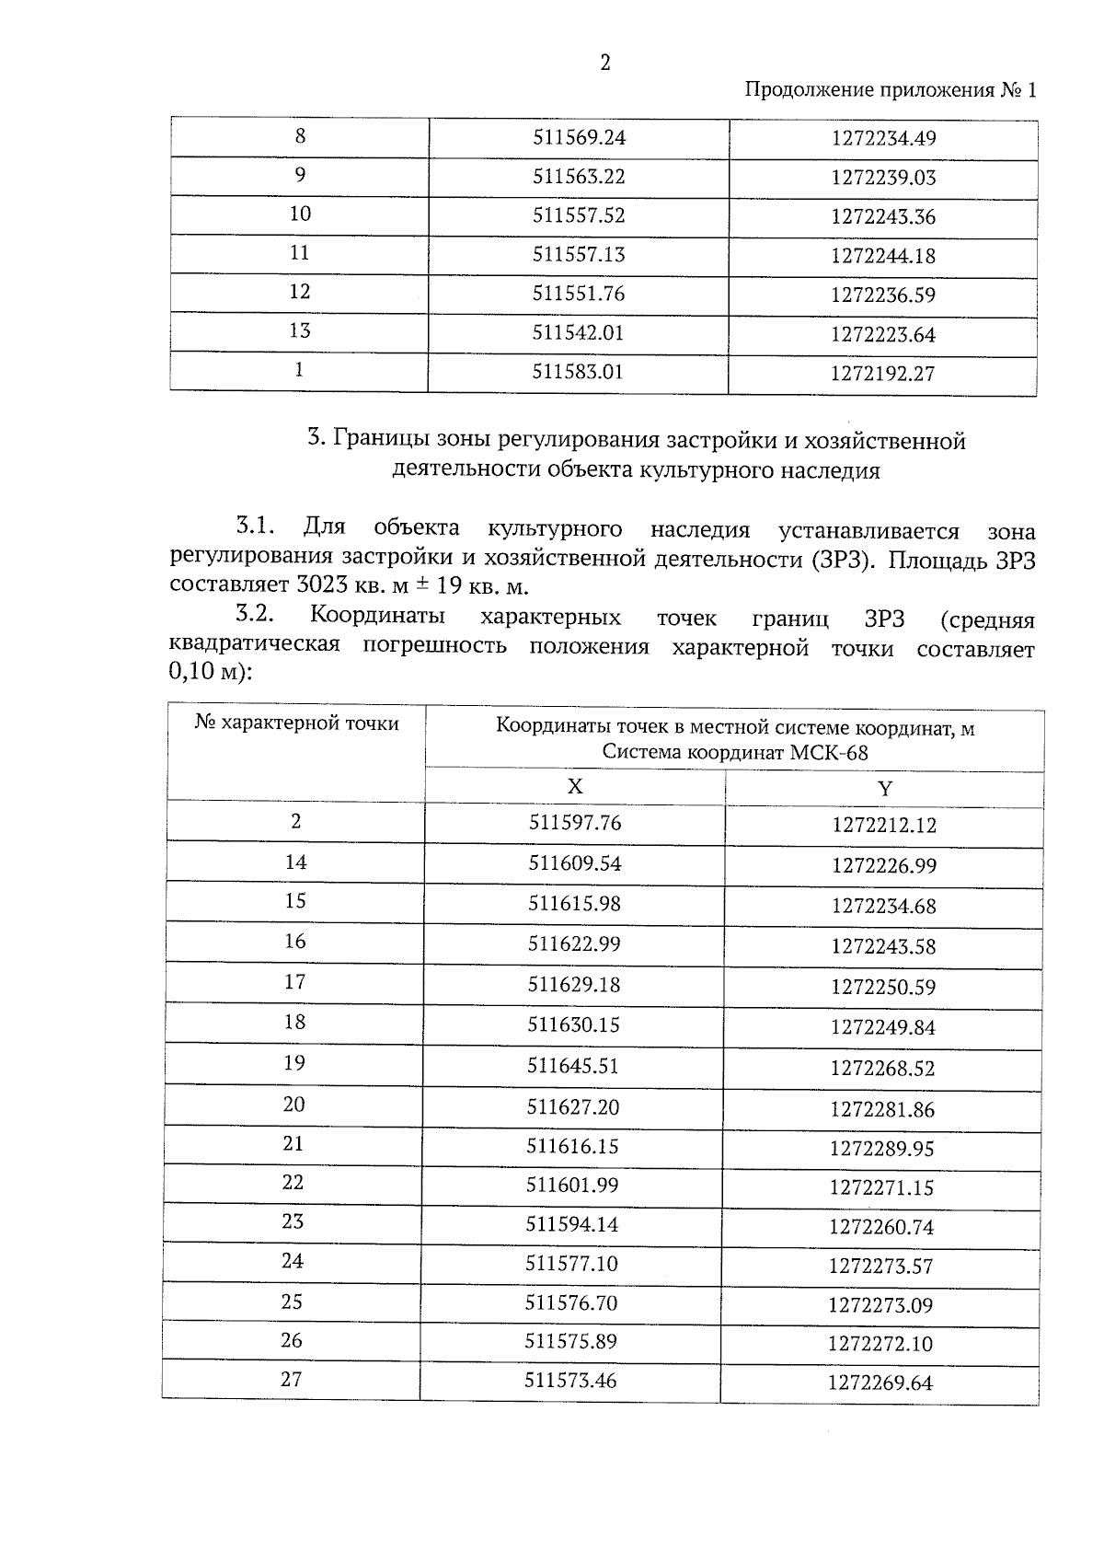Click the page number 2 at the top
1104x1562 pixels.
coord(604,63)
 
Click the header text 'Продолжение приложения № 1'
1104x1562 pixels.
coord(890,90)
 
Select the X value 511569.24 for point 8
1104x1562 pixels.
coord(579,138)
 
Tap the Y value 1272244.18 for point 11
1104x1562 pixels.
coord(882,256)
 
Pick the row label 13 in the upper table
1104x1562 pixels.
coord(300,330)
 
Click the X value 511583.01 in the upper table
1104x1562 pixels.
coord(578,372)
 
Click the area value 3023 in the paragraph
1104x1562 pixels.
coord(328,586)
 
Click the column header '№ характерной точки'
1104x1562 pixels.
coord(297,723)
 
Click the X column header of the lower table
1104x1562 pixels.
coord(575,787)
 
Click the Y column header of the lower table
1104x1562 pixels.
coord(885,789)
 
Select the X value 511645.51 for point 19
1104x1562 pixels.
coord(573,1066)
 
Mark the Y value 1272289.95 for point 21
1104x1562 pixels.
coord(882,1149)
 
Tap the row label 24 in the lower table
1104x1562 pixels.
coord(293,1261)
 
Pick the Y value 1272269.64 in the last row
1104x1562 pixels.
coord(880,1383)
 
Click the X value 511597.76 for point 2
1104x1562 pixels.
coord(575,823)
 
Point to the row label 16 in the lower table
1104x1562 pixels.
coord(294,942)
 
